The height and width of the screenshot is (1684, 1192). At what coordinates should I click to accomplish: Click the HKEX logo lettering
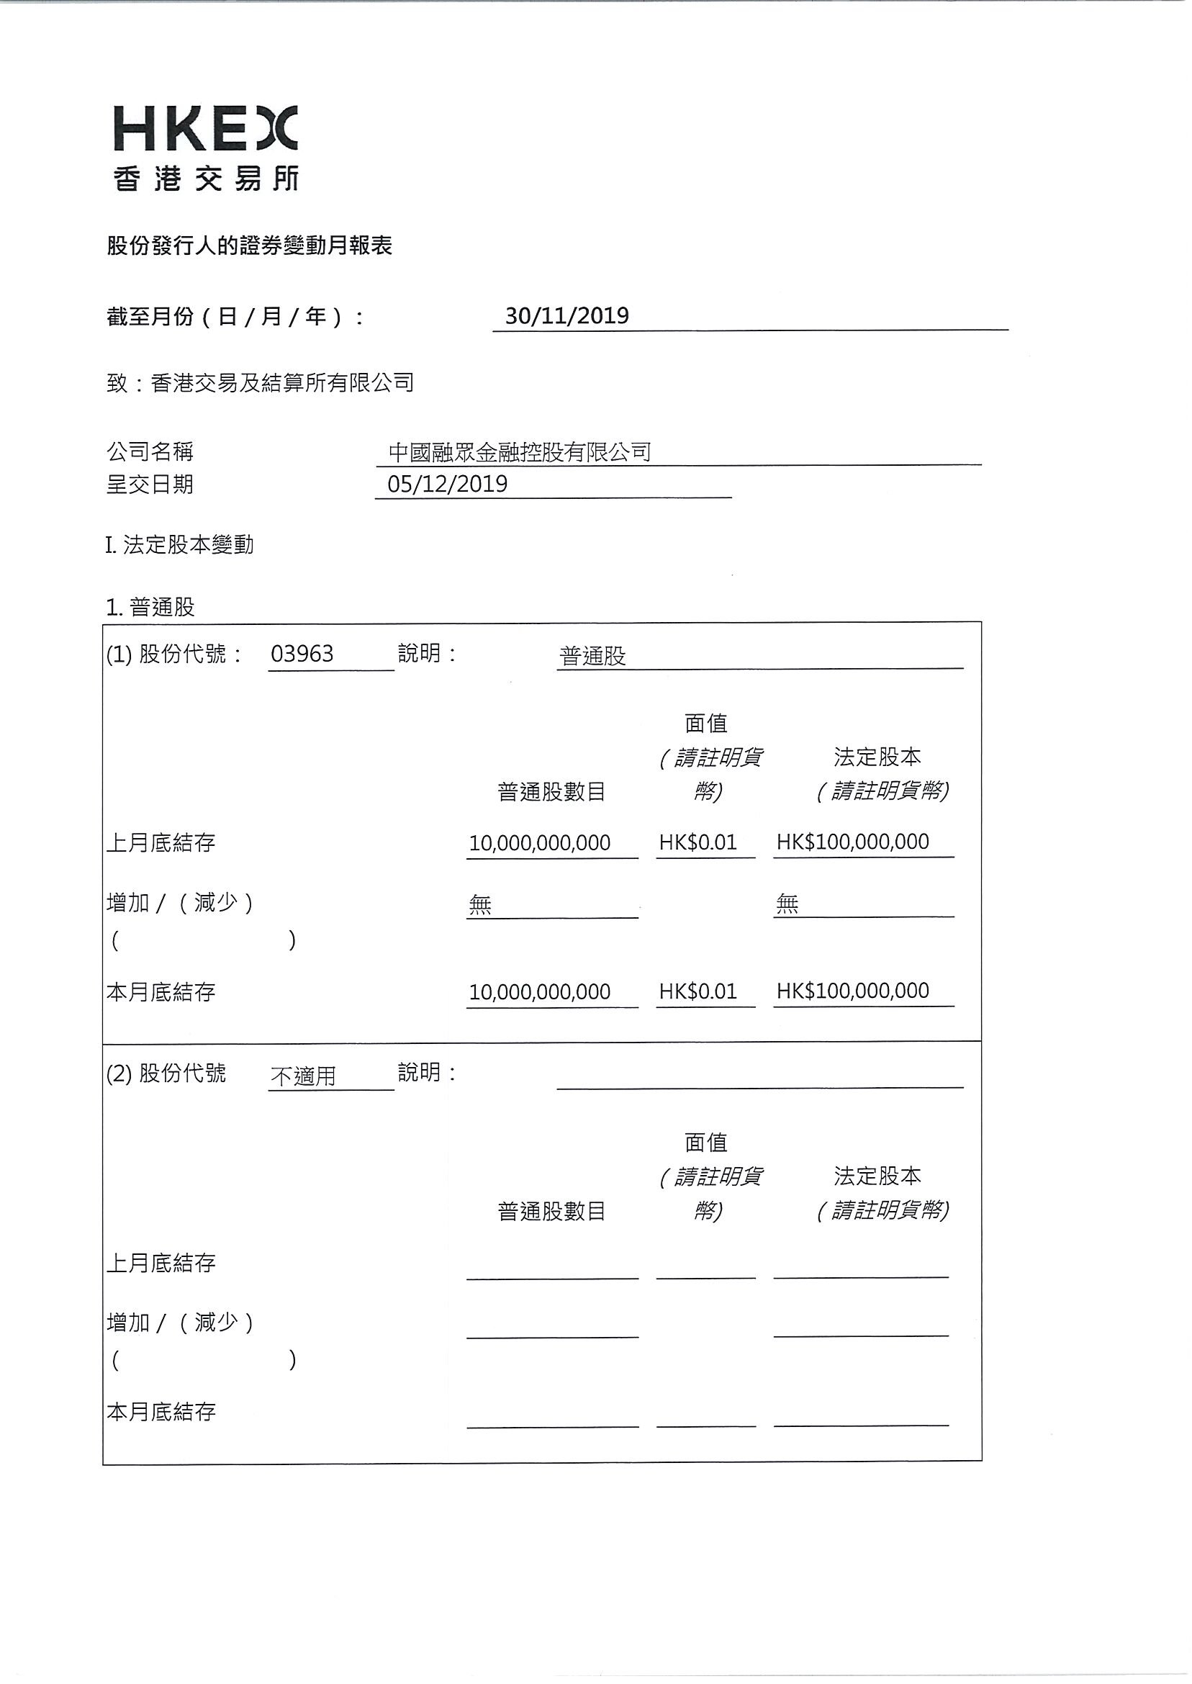(x=206, y=129)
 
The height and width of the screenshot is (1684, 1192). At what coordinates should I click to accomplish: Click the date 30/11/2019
(x=566, y=315)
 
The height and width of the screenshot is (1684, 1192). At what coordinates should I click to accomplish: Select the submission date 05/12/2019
(x=447, y=484)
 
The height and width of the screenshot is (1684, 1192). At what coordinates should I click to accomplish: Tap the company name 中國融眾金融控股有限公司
(x=520, y=451)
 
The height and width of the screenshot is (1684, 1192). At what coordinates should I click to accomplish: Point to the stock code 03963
(x=302, y=653)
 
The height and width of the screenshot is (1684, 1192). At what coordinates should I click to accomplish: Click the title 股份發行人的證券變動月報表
(x=250, y=246)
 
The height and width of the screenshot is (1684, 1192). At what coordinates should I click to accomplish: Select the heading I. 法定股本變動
(x=180, y=545)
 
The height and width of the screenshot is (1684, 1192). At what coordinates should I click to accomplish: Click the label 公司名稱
(x=150, y=451)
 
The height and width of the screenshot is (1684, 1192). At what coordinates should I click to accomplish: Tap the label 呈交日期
(x=150, y=485)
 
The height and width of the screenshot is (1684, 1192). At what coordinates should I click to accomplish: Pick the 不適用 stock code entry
(x=303, y=1076)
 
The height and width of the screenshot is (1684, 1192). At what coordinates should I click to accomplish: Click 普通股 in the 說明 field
(x=592, y=656)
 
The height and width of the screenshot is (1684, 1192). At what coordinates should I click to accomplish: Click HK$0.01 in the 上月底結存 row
(x=697, y=842)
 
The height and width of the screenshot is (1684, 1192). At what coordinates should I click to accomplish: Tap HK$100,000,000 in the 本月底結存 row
(x=852, y=991)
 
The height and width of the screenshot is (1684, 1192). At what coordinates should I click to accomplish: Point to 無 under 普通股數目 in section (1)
(x=480, y=904)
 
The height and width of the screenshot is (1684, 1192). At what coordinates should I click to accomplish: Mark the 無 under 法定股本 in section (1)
(x=787, y=904)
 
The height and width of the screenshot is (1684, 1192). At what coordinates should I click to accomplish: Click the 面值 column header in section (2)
(x=705, y=1143)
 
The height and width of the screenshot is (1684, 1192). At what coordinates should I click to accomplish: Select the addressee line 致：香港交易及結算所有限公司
(x=261, y=382)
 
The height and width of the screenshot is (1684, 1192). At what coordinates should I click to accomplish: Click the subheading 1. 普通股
(x=150, y=607)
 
